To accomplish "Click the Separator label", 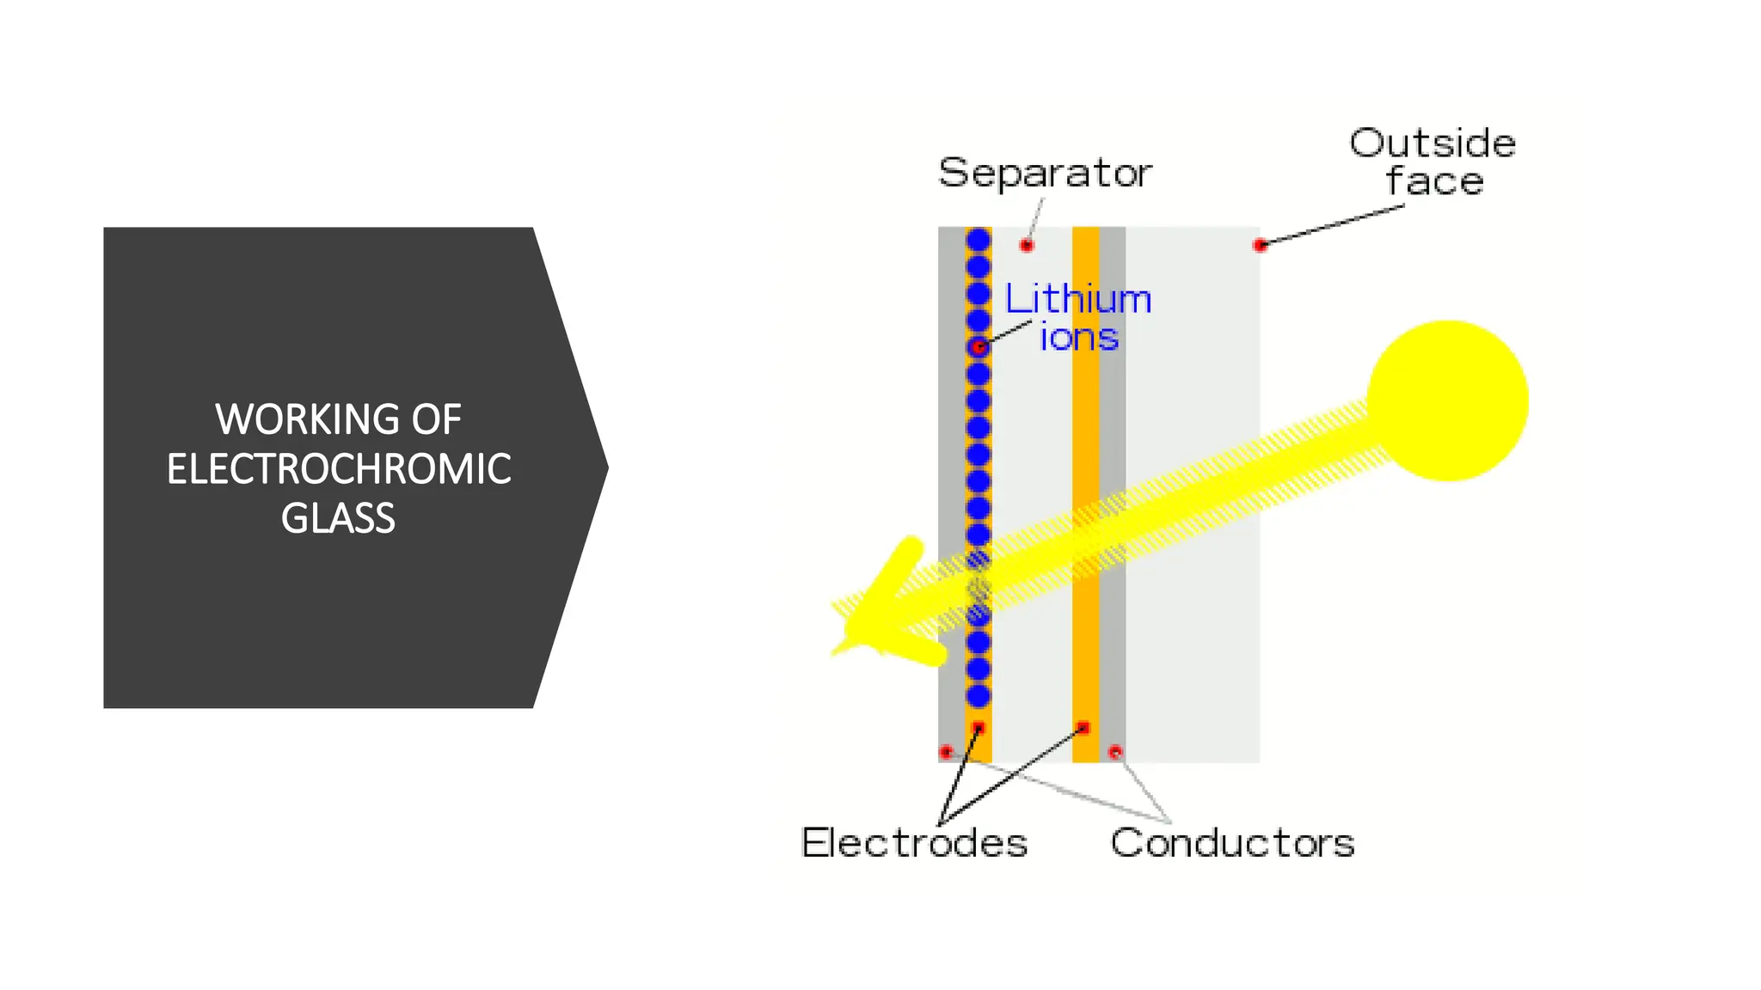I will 1045,173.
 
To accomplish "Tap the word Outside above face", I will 1433,143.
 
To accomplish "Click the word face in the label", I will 1434,181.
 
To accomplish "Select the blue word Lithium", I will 1078,299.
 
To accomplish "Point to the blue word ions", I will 1079,337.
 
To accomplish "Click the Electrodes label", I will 914,842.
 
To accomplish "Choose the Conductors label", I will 1232,842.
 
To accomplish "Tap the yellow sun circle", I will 1448,400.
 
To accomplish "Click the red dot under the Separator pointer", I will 1027,246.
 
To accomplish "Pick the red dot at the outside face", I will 1261,246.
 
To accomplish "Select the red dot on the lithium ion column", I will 979,347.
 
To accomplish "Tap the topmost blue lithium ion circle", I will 978,240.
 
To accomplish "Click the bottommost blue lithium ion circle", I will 978,695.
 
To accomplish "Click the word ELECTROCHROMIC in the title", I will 339,469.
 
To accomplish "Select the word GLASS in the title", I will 338,518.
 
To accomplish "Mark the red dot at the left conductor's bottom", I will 947,752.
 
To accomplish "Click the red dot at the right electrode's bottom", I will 1083,728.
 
